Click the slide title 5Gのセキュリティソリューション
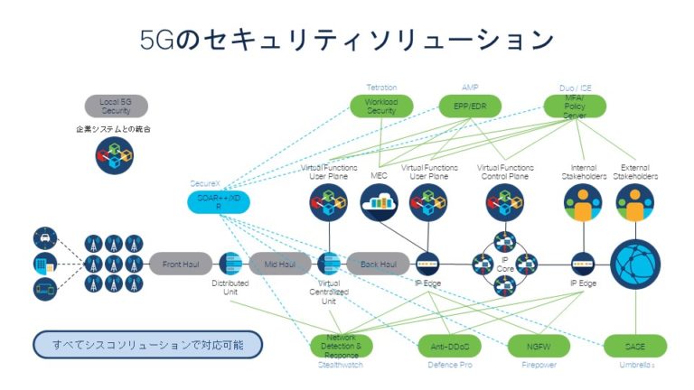pos(347,41)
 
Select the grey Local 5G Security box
pos(115,107)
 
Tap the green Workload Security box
pos(380,107)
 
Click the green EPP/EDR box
pos(470,107)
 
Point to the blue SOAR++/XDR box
pos(217,201)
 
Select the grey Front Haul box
pos(180,265)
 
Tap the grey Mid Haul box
pos(279,265)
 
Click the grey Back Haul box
pos(379,265)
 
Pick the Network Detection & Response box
pos(341,346)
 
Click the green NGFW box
pos(536,346)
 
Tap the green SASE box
pos(635,346)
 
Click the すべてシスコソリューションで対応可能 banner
pos(147,345)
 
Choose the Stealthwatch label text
pos(341,367)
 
